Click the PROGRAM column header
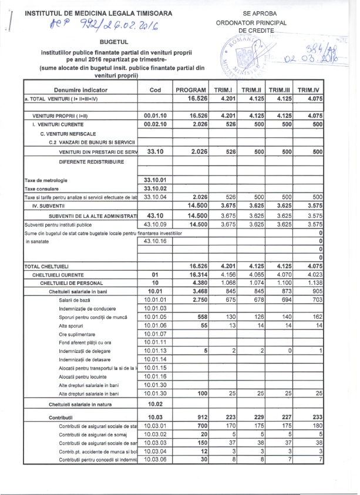(x=189, y=89)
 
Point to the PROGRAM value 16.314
(x=191, y=274)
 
